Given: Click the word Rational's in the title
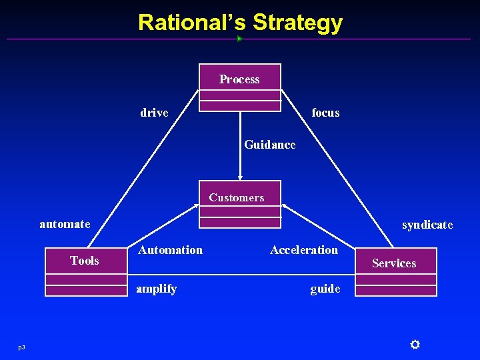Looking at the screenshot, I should click(x=192, y=23).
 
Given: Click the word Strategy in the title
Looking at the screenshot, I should click(x=297, y=23).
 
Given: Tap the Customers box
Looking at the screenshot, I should click(x=240, y=203).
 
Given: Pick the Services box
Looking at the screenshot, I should click(x=395, y=271).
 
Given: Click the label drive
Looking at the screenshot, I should click(x=154, y=113).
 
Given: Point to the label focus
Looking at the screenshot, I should click(x=325, y=113).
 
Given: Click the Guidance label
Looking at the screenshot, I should click(x=269, y=145).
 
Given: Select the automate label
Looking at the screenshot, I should click(x=65, y=224).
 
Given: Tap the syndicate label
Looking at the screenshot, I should click(x=427, y=225).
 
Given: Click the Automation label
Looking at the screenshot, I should click(x=170, y=250).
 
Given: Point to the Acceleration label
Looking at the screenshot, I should click(x=304, y=250).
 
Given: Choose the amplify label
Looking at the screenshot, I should click(x=156, y=289).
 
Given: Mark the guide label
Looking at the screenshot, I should click(x=325, y=289).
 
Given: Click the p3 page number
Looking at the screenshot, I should click(x=21, y=347).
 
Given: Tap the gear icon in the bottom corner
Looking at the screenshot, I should click(x=414, y=344).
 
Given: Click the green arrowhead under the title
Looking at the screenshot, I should click(x=239, y=39).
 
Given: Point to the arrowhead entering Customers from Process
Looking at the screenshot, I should click(x=241, y=177).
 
